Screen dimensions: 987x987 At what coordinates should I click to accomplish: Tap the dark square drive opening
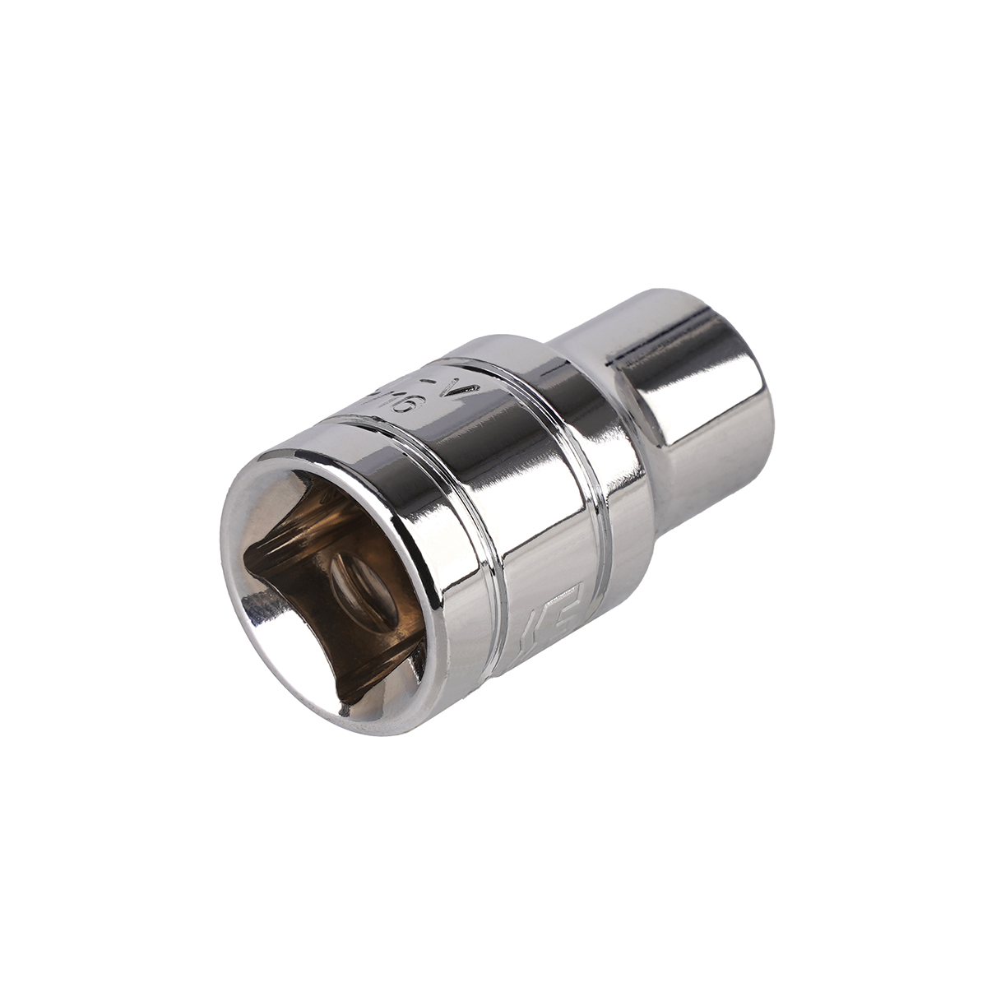(329, 592)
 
